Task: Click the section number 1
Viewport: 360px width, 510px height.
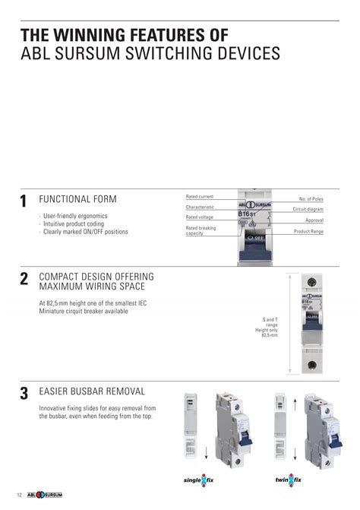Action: click(x=24, y=202)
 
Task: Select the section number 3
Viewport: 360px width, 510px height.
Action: click(x=24, y=394)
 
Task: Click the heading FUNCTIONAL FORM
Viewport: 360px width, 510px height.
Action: click(x=77, y=199)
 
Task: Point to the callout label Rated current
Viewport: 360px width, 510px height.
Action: click(x=199, y=197)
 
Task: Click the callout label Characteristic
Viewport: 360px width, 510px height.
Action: click(x=200, y=207)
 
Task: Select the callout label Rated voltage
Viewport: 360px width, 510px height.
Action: click(x=199, y=217)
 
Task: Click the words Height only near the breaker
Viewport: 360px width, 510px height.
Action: click(x=267, y=330)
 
